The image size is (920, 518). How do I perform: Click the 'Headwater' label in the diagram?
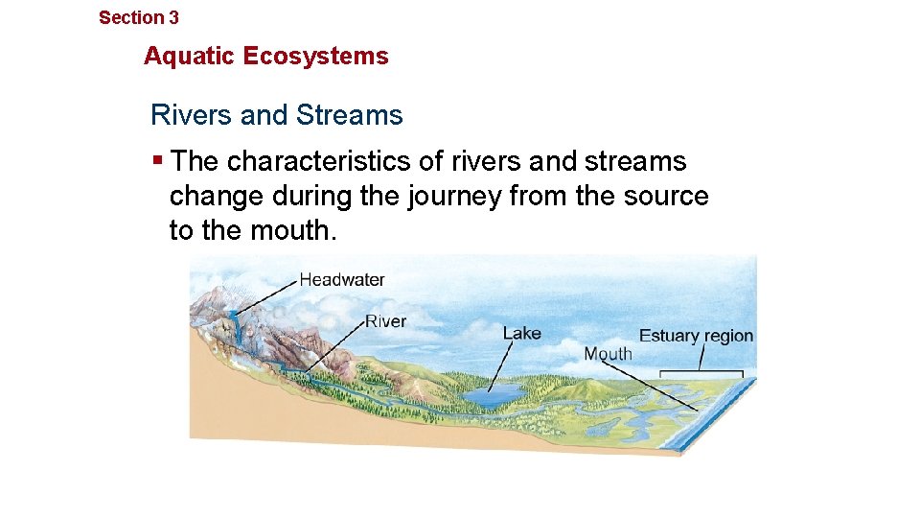coord(342,280)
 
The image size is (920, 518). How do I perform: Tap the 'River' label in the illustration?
coord(385,321)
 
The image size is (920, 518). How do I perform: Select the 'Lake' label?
coord(522,334)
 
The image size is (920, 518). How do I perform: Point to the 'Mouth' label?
coord(609,354)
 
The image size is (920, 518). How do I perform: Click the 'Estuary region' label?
coord(696,336)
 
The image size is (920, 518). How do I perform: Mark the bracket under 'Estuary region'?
coord(702,372)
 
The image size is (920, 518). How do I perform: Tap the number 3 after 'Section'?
coord(173,17)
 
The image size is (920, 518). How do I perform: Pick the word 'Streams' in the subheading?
coord(350,116)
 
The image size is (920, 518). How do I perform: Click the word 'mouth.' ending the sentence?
coord(294,231)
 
